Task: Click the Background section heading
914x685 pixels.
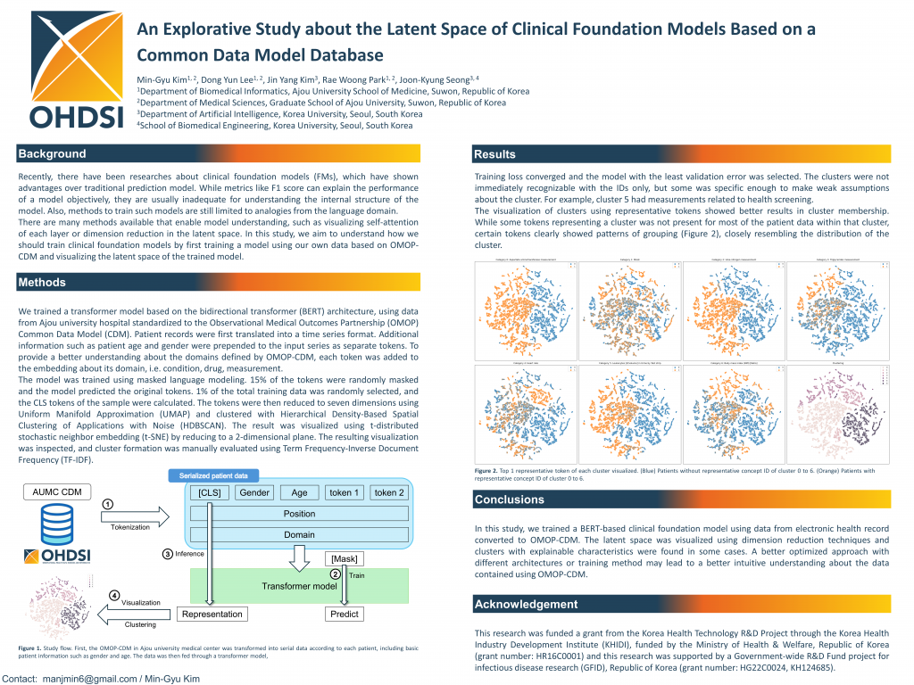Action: tap(53, 154)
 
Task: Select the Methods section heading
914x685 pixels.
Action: tap(43, 283)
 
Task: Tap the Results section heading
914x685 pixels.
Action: tap(494, 155)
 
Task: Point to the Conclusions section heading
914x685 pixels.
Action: tap(510, 499)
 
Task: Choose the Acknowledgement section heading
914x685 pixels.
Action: tap(526, 605)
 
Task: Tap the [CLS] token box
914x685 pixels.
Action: tap(209, 492)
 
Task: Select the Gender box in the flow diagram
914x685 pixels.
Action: tap(254, 492)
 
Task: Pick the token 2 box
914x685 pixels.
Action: tap(389, 492)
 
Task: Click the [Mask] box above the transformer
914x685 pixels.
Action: tap(344, 558)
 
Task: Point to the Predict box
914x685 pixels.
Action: tap(344, 614)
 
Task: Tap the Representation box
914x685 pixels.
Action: tap(212, 614)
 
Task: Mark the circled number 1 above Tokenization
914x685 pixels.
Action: tap(107, 504)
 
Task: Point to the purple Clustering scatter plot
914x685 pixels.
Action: tap(838, 416)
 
